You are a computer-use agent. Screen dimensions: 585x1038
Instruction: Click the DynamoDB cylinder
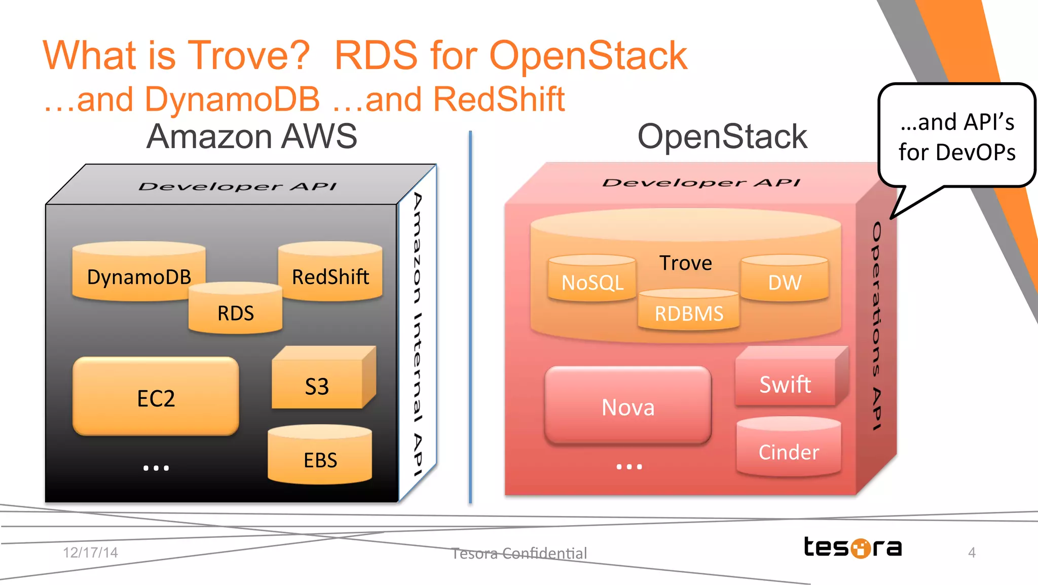(x=138, y=274)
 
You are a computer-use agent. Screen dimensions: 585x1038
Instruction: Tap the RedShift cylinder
(x=330, y=274)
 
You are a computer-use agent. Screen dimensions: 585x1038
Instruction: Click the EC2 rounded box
(x=156, y=397)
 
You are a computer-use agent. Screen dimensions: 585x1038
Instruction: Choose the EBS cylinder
(x=320, y=458)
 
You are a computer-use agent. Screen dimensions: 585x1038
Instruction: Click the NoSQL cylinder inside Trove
(x=592, y=281)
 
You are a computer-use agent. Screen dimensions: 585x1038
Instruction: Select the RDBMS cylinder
(x=689, y=312)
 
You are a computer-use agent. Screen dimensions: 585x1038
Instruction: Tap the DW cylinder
(x=785, y=281)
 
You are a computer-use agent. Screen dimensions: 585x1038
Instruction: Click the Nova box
(x=628, y=406)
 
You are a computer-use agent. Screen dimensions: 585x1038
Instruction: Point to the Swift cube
(x=785, y=383)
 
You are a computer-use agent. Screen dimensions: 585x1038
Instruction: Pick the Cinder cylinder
(x=789, y=451)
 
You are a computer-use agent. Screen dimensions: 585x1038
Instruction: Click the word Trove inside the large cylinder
(x=685, y=263)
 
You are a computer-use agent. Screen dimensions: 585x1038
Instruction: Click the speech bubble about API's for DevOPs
(x=957, y=136)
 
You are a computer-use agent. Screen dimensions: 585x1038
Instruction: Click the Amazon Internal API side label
(x=417, y=335)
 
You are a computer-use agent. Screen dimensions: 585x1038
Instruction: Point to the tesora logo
(x=853, y=547)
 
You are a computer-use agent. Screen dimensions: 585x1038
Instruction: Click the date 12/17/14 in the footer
(x=90, y=552)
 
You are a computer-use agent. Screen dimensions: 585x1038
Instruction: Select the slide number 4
(x=972, y=552)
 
